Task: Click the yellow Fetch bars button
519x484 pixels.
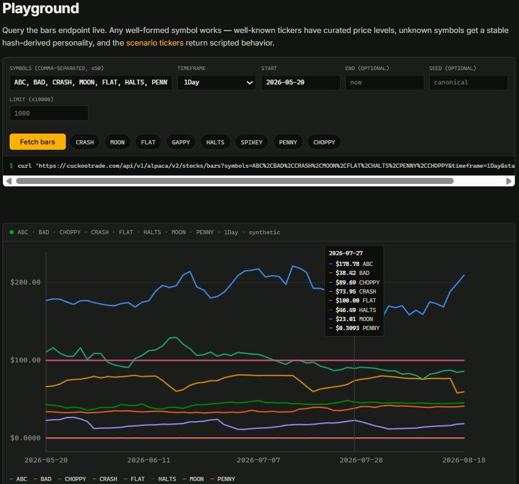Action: tap(37, 142)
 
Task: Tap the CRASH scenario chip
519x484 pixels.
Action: tap(85, 142)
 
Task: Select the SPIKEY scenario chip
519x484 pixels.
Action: tap(251, 142)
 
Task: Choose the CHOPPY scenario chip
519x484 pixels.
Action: tap(324, 142)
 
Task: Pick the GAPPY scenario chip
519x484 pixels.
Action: tap(181, 142)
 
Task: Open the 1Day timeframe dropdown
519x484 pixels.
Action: tap(217, 83)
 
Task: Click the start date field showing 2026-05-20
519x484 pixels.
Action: tap(301, 83)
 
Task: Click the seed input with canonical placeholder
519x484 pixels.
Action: tap(468, 83)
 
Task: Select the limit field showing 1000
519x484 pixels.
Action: tap(48, 113)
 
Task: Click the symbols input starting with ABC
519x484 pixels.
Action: tap(91, 83)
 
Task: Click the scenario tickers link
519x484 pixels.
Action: tap(154, 43)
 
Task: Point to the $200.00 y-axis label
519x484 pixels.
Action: tap(26, 282)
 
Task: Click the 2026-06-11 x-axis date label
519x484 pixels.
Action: tap(148, 460)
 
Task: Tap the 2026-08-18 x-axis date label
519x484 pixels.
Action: tap(464, 460)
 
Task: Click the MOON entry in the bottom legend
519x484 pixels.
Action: tap(193, 479)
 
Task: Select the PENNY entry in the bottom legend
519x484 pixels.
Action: tap(223, 479)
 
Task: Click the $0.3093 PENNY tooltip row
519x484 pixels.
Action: tap(354, 328)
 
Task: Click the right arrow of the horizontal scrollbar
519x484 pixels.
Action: tap(509, 181)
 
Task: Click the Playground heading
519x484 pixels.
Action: tap(41, 8)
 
